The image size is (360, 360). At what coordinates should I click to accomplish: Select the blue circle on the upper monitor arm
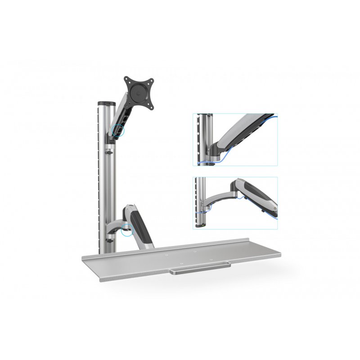tap(119, 129)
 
